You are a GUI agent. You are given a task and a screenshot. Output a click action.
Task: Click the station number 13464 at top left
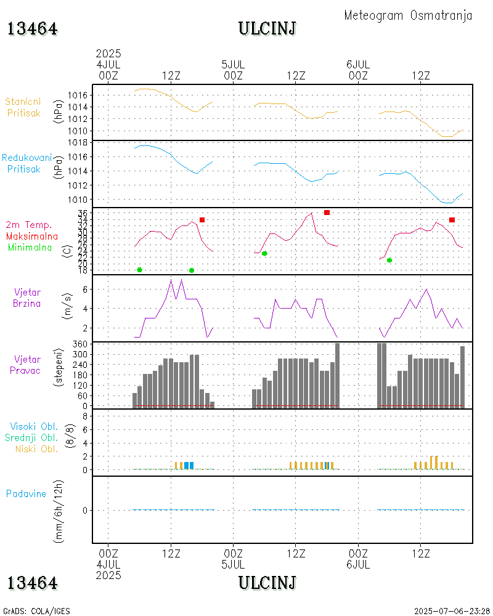click(x=33, y=29)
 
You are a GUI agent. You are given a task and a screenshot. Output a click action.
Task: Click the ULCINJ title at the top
click(x=267, y=28)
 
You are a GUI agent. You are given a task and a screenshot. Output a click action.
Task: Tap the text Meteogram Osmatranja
click(x=408, y=15)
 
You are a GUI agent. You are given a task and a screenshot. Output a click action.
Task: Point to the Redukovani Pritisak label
click(x=26, y=163)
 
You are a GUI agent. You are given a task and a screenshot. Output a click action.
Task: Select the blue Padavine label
click(x=26, y=493)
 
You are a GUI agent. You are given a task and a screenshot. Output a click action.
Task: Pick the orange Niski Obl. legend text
click(x=36, y=448)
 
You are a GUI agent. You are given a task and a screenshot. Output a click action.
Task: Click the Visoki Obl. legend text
click(x=34, y=426)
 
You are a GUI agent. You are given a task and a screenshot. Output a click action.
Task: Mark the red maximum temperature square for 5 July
click(x=327, y=213)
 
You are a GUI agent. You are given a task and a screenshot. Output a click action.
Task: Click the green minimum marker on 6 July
click(x=389, y=260)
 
